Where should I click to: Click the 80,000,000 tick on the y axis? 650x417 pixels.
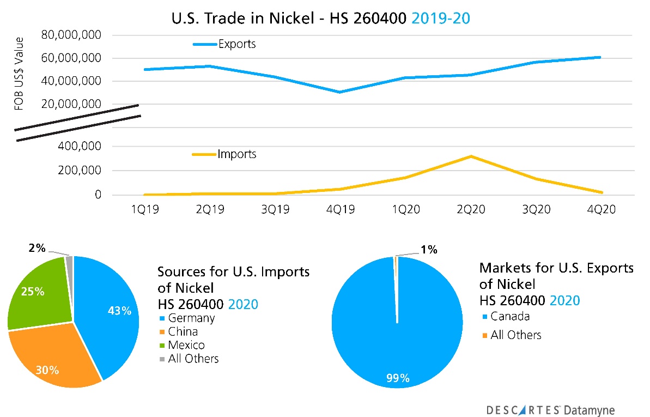coord(71,35)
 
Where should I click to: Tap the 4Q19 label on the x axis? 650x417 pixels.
coord(340,210)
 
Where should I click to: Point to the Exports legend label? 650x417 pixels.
coord(236,44)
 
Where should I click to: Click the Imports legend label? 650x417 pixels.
coord(236,154)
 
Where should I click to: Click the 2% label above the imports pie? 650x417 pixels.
coord(37,248)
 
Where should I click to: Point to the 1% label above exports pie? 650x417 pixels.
coord(428,250)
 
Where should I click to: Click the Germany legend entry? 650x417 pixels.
coord(191,318)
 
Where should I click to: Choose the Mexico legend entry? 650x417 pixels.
coord(186,345)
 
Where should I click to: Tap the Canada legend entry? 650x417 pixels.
coord(510,316)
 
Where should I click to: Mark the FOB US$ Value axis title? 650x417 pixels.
coord(20,74)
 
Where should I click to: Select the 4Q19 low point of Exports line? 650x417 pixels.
coord(339,92)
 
